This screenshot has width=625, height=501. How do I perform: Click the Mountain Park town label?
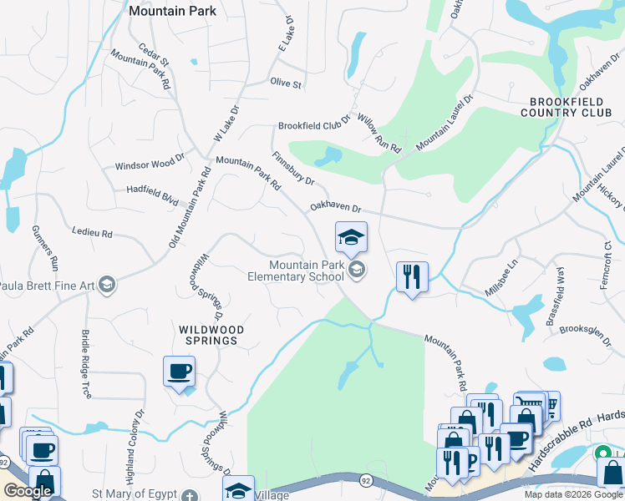coord(173,11)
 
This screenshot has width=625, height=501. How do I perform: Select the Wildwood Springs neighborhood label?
coord(211,336)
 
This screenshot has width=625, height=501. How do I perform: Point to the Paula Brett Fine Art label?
coord(46,286)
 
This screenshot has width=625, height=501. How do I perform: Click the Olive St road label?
coord(285,83)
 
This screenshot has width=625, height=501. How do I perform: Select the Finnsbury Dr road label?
coord(292,169)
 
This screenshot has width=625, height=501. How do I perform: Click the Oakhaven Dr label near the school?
coord(335,208)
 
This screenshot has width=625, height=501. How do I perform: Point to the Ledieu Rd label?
coord(92,234)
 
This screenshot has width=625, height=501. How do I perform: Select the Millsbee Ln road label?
coord(501,280)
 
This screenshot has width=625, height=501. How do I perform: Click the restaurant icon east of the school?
coord(411,276)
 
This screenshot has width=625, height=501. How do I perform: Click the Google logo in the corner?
coord(28,491)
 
